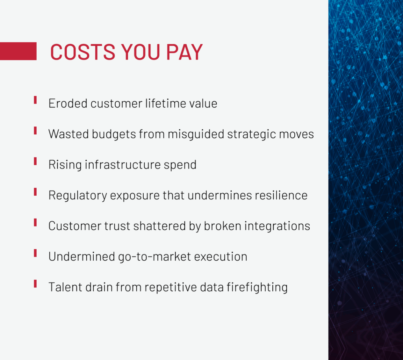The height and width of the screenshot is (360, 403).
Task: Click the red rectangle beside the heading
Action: tap(18, 51)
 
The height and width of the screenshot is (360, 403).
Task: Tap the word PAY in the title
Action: tap(185, 52)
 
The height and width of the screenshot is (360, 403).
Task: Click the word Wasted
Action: tap(68, 134)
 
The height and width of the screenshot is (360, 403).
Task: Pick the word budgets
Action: tap(114, 134)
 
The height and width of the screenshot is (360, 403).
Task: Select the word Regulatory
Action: tap(78, 196)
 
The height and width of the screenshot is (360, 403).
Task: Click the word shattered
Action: tap(159, 226)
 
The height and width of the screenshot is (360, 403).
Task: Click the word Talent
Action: tap(65, 287)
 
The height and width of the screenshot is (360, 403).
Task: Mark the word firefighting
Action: tap(257, 288)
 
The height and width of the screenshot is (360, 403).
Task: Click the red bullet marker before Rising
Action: tap(35, 161)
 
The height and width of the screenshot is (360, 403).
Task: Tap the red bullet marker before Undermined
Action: tap(35, 253)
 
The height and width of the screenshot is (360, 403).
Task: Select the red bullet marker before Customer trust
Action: tap(35, 223)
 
